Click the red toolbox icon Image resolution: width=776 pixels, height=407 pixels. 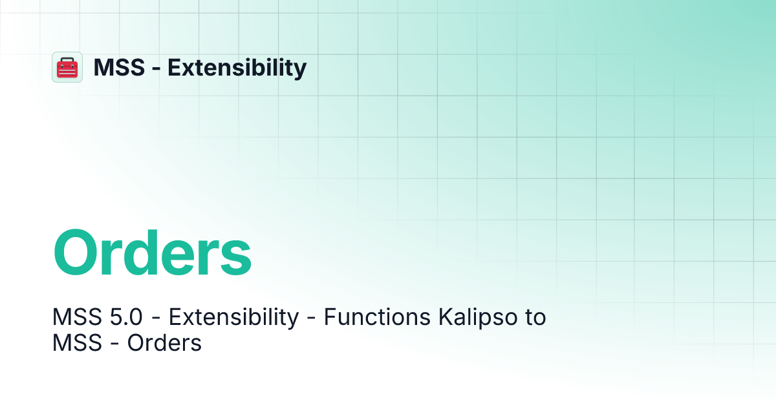[x=67, y=67]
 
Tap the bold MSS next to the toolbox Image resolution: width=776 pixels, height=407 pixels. [x=118, y=67]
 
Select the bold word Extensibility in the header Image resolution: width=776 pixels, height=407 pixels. [x=237, y=67]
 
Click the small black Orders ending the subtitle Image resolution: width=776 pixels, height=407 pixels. [x=164, y=343]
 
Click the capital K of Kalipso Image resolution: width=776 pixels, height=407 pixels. [x=445, y=318]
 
